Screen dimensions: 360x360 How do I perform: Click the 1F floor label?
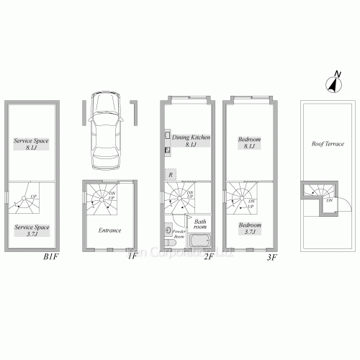(x=132, y=256)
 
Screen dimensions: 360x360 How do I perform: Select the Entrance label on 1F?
(x=109, y=230)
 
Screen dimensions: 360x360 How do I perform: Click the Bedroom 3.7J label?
(x=249, y=227)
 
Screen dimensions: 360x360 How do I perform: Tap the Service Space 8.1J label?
(x=32, y=144)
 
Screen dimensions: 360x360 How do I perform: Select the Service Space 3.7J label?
(x=32, y=230)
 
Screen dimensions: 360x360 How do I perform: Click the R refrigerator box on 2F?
(x=170, y=174)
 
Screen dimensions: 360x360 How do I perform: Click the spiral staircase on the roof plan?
(x=318, y=191)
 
